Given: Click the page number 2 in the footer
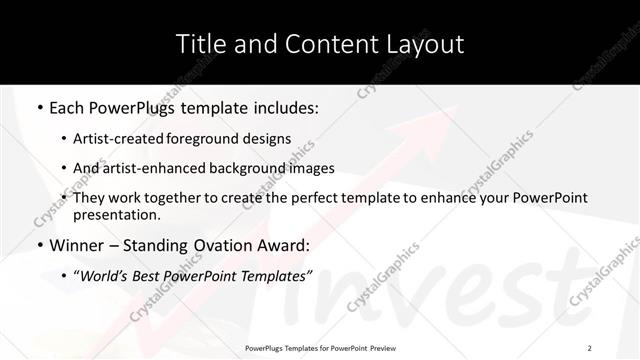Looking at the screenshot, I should [589, 347].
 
